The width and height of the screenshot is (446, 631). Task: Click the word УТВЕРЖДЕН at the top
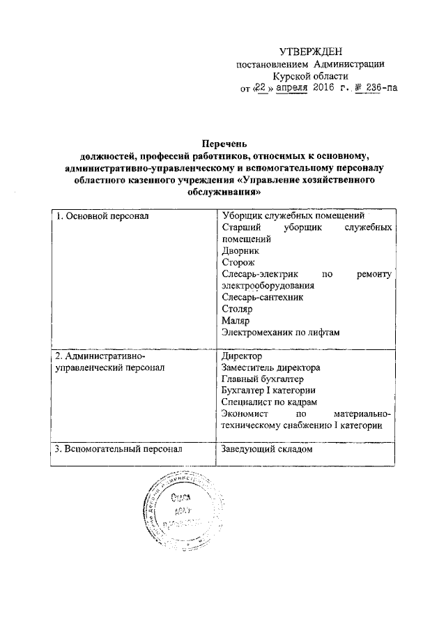pos(312,52)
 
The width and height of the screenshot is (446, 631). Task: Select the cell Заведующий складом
pos(265,450)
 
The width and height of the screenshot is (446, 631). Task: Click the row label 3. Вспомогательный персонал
pos(118,450)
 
